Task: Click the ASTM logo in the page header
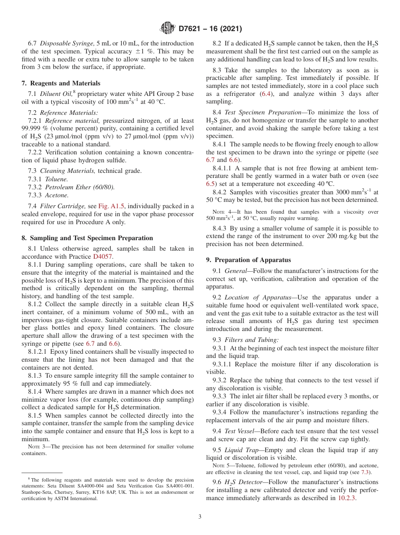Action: point(168,29)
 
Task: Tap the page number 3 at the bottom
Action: point(200,517)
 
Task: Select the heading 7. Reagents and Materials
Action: point(61,83)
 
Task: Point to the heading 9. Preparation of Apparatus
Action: point(248,260)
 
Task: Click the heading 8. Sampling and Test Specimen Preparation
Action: point(87,238)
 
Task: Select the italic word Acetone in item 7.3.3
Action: point(57,195)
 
